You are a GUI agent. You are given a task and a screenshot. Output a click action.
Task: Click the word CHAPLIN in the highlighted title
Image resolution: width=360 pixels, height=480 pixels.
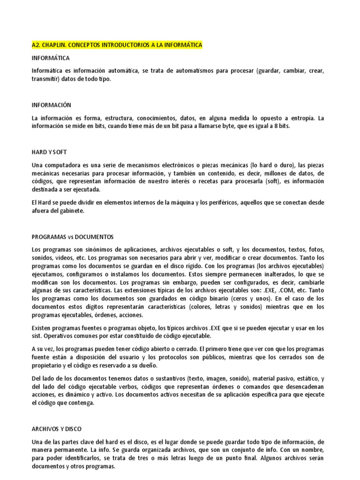[x=54, y=45]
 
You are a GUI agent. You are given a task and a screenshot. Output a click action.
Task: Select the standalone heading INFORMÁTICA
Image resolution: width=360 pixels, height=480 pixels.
[x=51, y=58]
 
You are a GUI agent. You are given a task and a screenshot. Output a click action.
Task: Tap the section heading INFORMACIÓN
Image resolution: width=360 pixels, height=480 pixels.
[x=51, y=105]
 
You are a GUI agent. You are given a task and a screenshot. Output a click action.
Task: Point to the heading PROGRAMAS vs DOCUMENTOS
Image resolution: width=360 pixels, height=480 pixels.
[x=73, y=237]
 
